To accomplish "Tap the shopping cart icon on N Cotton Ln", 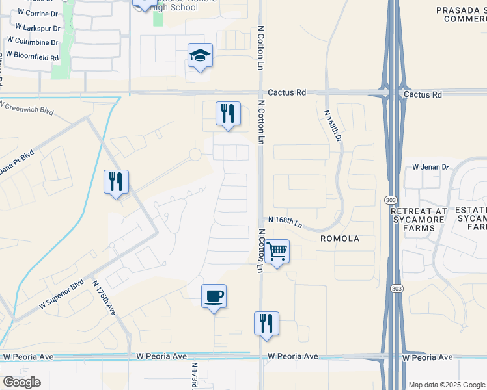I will [x=277, y=252].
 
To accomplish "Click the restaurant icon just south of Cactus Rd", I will [x=228, y=114].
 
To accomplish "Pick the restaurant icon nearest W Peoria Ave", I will [x=266, y=324].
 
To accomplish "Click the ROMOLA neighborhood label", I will [x=339, y=239].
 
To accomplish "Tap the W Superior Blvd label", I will [x=62, y=294].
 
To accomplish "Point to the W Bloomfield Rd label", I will [x=32, y=58].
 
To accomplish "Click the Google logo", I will [x=21, y=382].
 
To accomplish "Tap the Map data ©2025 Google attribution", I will [x=447, y=385].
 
